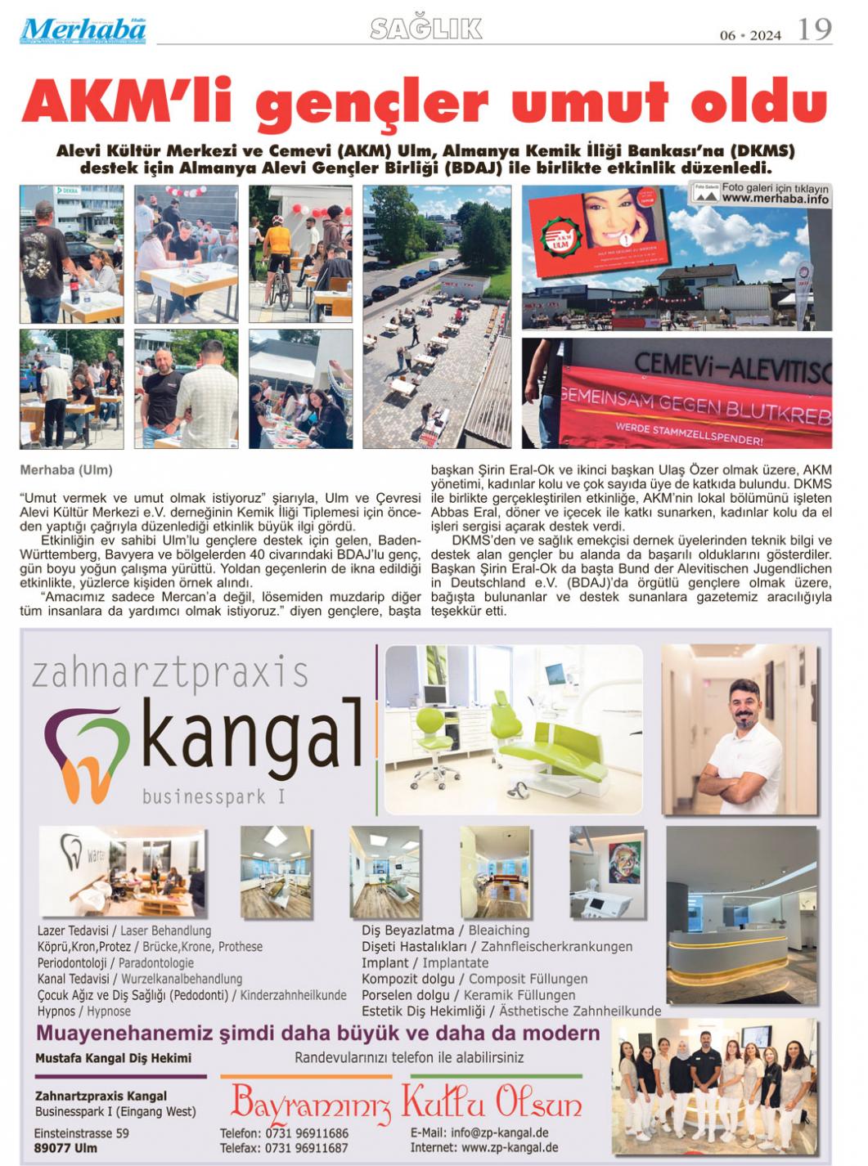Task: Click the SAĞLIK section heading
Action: [x=426, y=29]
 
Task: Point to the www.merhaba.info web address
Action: [x=775, y=199]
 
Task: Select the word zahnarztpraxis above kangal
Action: [x=169, y=674]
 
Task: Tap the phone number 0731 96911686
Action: [x=306, y=1133]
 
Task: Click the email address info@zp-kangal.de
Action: [x=499, y=1132]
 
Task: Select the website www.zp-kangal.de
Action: [x=510, y=1147]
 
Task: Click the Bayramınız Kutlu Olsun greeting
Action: [x=406, y=1103]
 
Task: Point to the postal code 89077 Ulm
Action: [x=65, y=1148]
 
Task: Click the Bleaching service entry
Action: [x=499, y=930]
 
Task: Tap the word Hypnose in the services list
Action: [x=109, y=1011]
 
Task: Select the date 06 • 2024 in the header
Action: [x=750, y=35]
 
